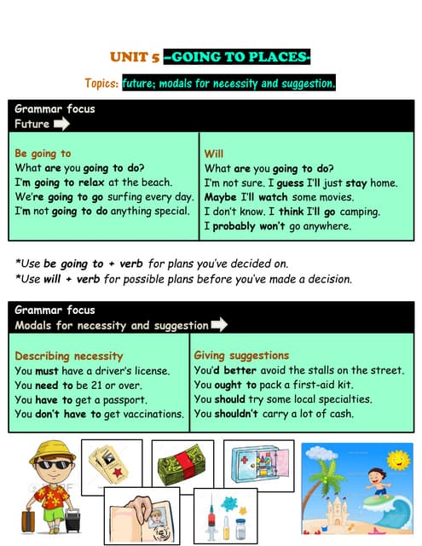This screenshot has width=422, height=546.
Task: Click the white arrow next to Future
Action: pos(61,124)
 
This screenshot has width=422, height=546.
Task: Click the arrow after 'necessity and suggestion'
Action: pos(218,324)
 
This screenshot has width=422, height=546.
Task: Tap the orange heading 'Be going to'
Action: pos(43,154)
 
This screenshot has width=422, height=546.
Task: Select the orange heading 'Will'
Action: pos(214,154)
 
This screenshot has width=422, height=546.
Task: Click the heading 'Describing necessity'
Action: pos(69,356)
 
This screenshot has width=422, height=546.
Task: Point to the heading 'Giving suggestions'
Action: pos(241,355)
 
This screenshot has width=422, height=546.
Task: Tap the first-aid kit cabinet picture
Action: pos(258,465)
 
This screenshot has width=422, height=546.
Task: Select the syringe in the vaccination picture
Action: pos(213,517)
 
